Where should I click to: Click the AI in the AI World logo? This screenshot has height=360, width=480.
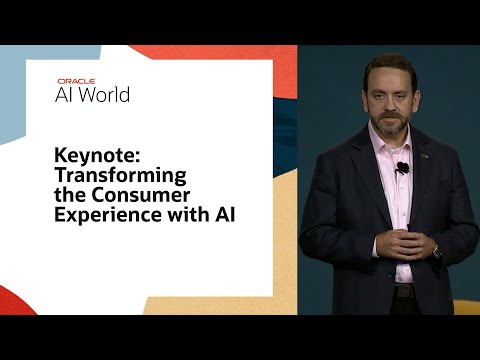[x=66, y=95]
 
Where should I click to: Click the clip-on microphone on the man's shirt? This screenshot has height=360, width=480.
[x=401, y=167]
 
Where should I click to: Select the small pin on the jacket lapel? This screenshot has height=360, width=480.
[x=424, y=156]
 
